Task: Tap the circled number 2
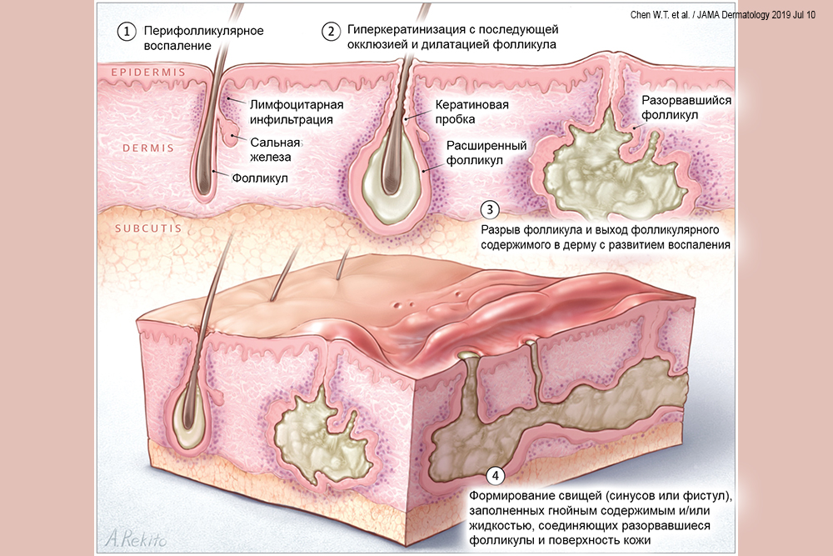[331, 32]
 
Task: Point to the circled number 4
[495, 476]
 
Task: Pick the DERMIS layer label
[147, 148]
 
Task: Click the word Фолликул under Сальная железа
[256, 177]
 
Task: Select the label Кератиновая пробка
[471, 114]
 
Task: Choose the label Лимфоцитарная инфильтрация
[292, 112]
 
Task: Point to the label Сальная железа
[275, 148]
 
